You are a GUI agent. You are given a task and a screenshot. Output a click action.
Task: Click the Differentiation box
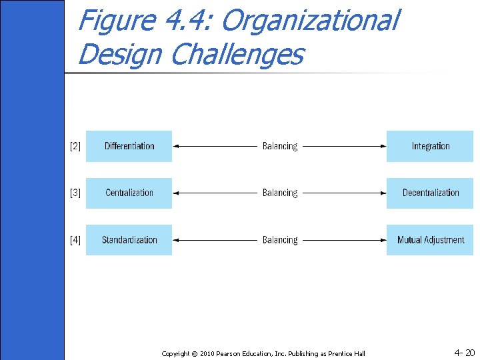coord(129,146)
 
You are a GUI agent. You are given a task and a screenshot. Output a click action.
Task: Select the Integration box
coord(430,146)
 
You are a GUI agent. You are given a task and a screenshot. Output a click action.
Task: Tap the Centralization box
coord(129,193)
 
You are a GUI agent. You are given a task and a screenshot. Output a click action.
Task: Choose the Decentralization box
coord(430,193)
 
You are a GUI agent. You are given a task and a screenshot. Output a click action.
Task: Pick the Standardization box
coord(129,240)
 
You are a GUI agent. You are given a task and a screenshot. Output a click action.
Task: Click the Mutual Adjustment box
coord(430,240)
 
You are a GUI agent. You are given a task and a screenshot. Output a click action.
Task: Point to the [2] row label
coord(75,146)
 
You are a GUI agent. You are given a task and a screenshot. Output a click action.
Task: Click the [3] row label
coord(75,193)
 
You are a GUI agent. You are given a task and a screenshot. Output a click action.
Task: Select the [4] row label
coord(75,240)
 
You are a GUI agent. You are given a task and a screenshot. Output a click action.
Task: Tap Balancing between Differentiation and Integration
coord(280,146)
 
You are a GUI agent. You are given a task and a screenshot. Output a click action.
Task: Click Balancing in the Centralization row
coord(280,193)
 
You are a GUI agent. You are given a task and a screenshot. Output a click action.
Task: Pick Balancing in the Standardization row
coord(280,240)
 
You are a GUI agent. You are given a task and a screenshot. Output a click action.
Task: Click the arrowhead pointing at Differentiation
coord(176,146)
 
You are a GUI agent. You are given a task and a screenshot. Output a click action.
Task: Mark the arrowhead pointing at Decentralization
coord(382,193)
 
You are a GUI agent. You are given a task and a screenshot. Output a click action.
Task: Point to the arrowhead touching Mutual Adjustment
coord(382,240)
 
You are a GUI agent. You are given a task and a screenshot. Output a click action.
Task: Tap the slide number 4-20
coord(464,352)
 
